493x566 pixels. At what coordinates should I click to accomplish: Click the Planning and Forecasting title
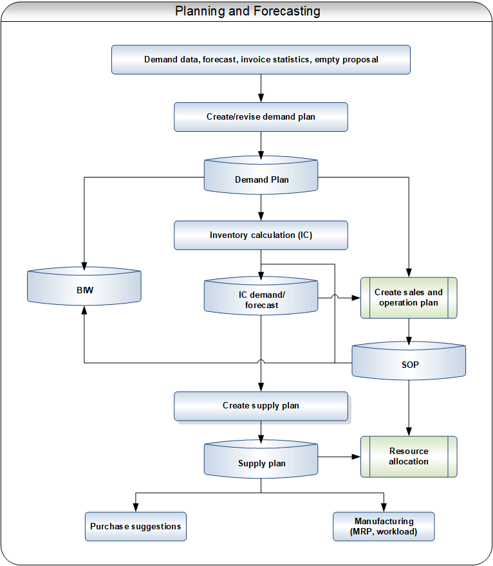[247, 11]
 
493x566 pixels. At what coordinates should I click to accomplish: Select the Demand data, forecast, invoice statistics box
[261, 60]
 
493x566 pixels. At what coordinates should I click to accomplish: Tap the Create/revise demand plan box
[261, 117]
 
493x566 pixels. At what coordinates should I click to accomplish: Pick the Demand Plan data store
[261, 176]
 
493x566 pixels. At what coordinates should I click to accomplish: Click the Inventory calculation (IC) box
[261, 235]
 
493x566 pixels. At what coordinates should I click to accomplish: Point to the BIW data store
[84, 286]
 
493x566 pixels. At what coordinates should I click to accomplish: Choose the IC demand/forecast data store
[261, 296]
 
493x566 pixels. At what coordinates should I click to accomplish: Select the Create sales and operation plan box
[409, 298]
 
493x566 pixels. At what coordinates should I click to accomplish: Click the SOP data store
[409, 361]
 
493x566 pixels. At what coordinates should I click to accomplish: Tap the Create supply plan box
[261, 406]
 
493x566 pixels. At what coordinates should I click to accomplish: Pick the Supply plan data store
[261, 459]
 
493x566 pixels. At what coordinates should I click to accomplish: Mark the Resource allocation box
[409, 457]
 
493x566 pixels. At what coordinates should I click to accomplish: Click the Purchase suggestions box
[136, 526]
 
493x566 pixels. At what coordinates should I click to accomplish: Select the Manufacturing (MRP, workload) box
[384, 526]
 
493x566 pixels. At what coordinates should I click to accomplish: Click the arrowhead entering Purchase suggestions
[136, 507]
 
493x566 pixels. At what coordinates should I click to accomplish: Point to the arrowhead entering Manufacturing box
[384, 507]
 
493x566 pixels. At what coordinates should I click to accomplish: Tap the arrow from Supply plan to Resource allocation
[339, 457]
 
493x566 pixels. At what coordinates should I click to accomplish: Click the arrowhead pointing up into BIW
[84, 311]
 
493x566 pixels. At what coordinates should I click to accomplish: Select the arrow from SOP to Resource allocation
[409, 408]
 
